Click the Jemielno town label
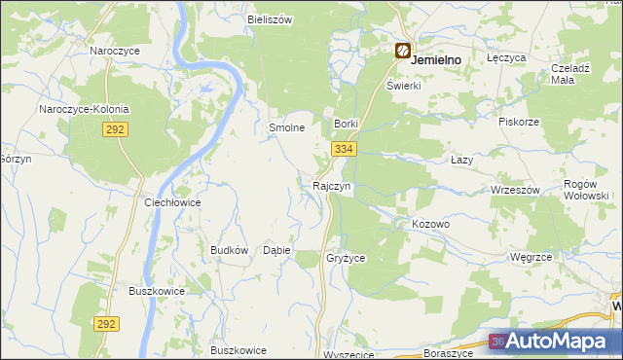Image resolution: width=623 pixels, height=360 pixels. (x=436, y=59)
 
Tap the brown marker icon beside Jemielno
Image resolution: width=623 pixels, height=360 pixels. (x=402, y=51)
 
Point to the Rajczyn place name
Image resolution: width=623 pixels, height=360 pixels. (x=331, y=185)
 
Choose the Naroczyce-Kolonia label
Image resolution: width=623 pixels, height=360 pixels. (x=84, y=109)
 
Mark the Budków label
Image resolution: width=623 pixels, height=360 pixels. (x=230, y=250)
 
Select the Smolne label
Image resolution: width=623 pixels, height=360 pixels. (x=287, y=127)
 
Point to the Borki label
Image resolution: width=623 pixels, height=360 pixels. (x=348, y=125)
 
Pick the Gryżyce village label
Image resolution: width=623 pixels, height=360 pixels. (x=346, y=258)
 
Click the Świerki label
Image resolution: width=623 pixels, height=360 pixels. (x=403, y=85)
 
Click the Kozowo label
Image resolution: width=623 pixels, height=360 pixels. (x=430, y=224)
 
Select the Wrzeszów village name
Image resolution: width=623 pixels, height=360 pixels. (x=515, y=190)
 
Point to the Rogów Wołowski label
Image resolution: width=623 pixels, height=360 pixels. (x=587, y=189)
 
